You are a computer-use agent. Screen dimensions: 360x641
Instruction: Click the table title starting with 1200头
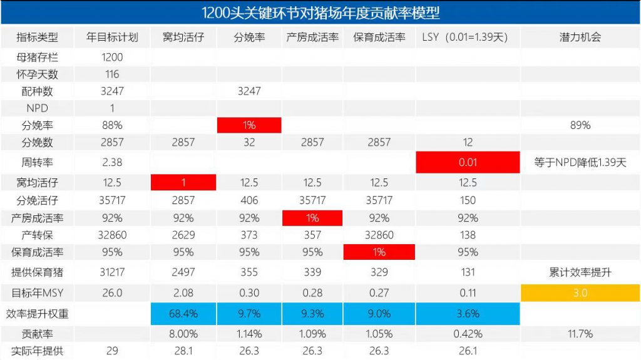pos(320,12)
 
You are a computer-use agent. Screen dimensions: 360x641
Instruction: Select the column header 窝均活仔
pos(183,37)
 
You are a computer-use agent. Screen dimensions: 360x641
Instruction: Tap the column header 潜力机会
pos(580,37)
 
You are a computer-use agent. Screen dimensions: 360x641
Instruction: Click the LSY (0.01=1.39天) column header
pos(468,37)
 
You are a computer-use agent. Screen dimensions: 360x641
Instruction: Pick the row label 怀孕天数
pos(37,74)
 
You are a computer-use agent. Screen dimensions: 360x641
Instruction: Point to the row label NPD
pos(37,108)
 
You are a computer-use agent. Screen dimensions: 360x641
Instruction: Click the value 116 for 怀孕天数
pos(112,74)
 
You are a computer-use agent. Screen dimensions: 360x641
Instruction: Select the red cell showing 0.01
pos(468,162)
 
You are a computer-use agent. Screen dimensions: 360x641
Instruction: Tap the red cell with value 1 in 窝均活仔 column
pos(183,183)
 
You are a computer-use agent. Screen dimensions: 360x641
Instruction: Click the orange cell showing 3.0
pos(580,292)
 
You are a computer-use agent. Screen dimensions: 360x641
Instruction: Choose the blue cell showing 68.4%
pos(183,313)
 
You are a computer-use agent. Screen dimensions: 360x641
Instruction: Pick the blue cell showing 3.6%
pos(468,313)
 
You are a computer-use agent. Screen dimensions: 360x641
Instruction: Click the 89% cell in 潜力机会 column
pos(580,125)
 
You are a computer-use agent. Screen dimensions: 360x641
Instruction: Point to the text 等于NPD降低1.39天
pos(580,162)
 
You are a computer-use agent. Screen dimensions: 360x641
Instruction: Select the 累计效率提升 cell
pos(580,272)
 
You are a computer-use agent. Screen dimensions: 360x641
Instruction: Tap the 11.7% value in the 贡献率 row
pos(580,334)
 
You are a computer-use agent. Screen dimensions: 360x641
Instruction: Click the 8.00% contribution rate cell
pos(183,334)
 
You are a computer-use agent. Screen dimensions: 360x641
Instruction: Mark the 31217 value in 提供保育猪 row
pos(112,272)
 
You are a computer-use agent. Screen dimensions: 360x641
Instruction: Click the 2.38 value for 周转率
pos(112,162)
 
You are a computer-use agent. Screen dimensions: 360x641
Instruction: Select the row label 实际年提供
pos(37,351)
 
